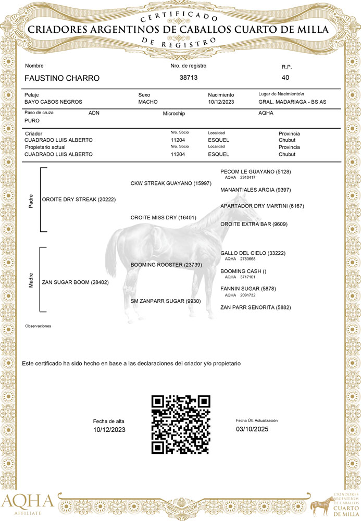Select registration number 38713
(188, 77)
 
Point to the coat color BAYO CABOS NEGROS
(53, 102)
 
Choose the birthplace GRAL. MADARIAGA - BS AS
(292, 102)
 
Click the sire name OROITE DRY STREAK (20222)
(79, 200)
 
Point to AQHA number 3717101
(247, 277)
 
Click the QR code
(181, 424)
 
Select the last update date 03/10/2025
(252, 429)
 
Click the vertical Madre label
(31, 282)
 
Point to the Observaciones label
(38, 326)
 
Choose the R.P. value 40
(285, 78)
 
